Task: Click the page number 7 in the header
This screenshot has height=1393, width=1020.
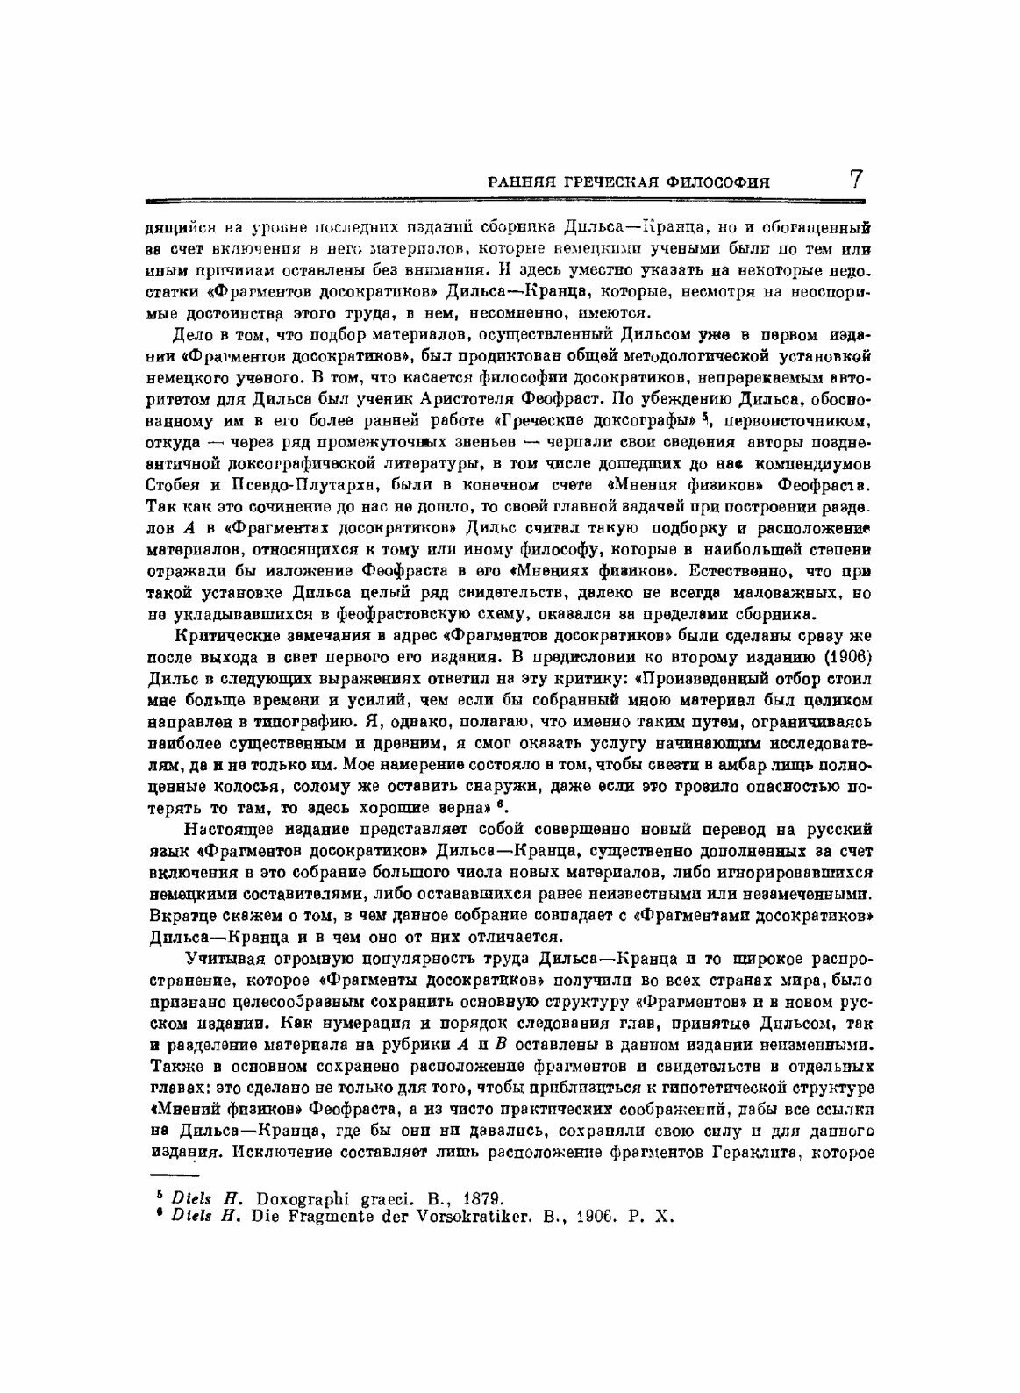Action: click(856, 180)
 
